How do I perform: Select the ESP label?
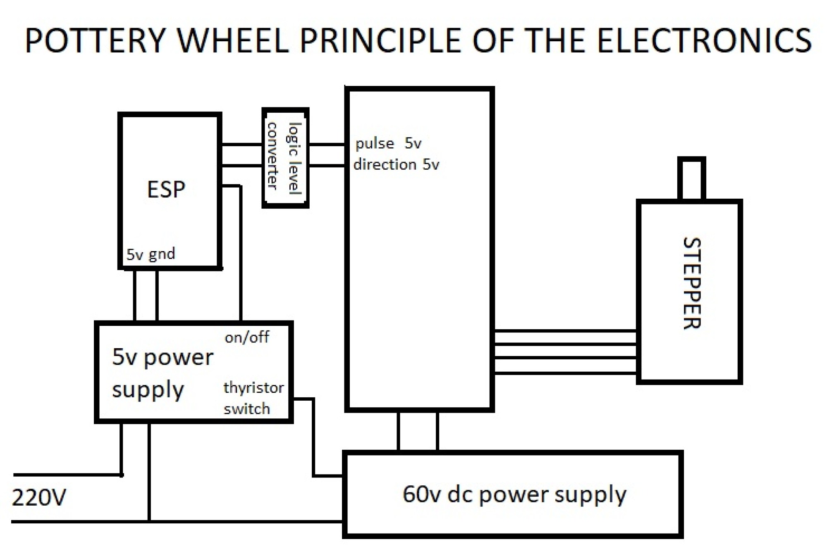coord(166,190)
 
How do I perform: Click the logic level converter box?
coord(285,157)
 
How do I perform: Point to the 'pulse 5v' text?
coord(388,143)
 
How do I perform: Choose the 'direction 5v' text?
coord(396,164)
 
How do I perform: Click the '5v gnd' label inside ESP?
coord(151,254)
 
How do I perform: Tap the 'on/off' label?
coord(247,337)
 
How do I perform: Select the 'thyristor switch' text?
coord(253,398)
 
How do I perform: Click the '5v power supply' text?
coord(163,373)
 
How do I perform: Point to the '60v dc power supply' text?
coord(514,494)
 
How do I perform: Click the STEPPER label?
coord(692,283)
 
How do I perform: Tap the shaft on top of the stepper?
coord(691,178)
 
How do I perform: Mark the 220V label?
coord(39,497)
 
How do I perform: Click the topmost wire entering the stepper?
coord(565,331)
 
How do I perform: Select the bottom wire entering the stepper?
coord(565,373)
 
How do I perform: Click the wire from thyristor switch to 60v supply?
coord(314,438)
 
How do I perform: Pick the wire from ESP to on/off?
coord(241,252)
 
